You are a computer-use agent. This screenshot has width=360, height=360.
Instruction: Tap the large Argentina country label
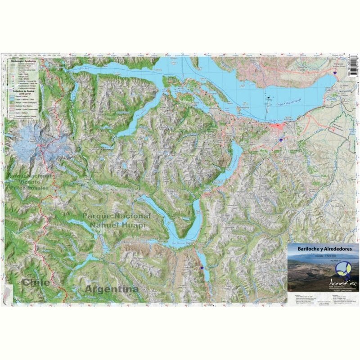pos(112,289)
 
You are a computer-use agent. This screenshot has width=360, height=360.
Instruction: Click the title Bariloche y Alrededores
pos(323,248)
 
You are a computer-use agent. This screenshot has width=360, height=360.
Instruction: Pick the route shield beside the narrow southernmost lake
pos(202,267)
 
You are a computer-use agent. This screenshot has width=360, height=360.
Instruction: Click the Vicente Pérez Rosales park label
pos(34,180)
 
